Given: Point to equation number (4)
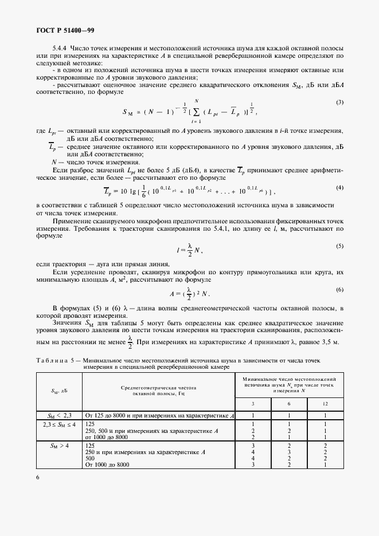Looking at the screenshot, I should (339, 188).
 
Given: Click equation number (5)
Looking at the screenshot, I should (339, 246).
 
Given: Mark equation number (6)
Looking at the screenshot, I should (339, 290).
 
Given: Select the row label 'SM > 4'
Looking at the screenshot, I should (59, 445).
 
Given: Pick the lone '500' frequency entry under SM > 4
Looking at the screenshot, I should (90, 458).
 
